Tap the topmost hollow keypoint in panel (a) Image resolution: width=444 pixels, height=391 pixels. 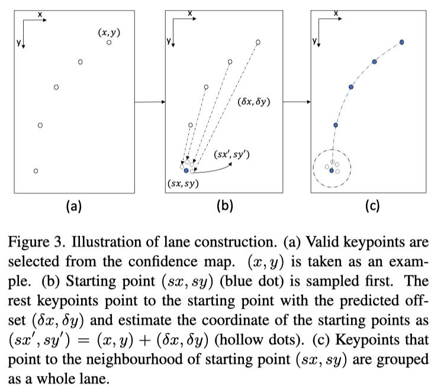[110, 43]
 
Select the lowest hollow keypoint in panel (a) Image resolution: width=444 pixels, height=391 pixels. [36, 171]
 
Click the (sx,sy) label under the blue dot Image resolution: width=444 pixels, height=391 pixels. [183, 183]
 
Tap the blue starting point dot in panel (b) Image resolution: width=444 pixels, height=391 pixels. [186, 171]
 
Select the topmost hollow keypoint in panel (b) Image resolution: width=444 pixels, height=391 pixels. [258, 42]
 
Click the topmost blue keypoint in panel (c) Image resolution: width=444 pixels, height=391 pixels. [402, 42]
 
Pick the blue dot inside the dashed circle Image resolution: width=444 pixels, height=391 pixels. [332, 171]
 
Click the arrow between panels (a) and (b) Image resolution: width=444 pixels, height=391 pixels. [150, 102]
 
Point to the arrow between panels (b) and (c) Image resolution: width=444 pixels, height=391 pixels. [297, 102]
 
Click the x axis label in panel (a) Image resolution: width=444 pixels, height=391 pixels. [39, 13]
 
